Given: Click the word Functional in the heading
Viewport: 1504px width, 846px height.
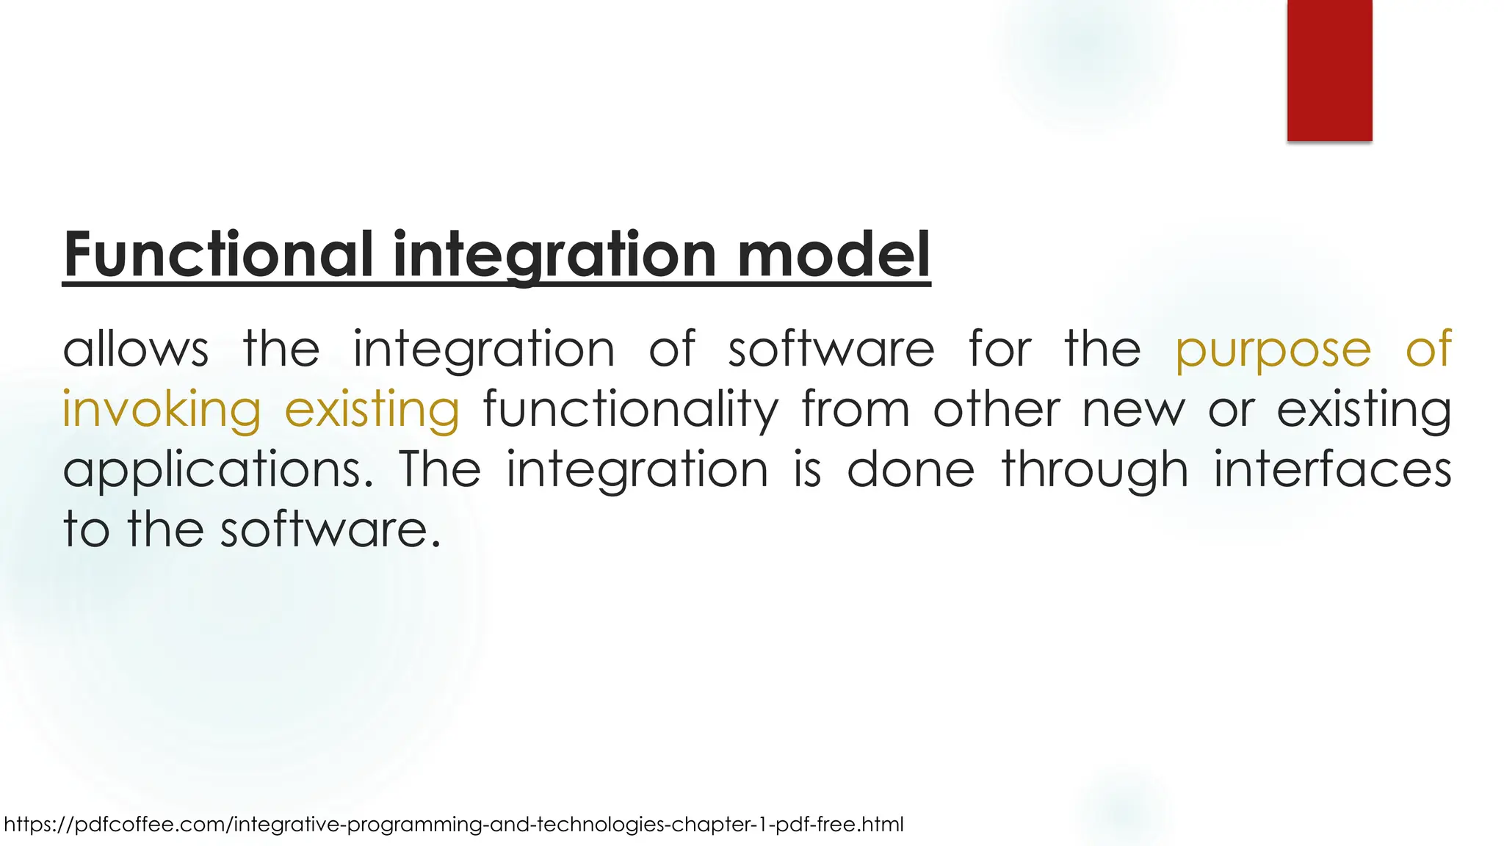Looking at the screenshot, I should [217, 254].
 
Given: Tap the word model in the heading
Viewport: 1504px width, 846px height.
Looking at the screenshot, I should [833, 254].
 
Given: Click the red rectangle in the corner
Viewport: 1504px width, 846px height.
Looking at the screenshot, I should [1329, 70].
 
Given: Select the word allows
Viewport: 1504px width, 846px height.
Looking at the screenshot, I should [136, 349].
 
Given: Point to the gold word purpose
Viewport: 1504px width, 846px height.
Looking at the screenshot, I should [1273, 350].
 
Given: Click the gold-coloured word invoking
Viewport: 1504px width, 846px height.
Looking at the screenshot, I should [162, 410].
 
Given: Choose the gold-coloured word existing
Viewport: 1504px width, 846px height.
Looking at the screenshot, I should [372, 410].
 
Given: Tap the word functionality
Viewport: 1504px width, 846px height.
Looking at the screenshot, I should [630, 410].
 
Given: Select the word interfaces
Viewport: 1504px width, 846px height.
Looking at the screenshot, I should [1332, 470].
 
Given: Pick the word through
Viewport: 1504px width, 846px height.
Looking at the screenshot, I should [1094, 470].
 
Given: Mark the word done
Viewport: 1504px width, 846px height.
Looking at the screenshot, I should [911, 470].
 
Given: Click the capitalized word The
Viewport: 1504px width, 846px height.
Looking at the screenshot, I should [440, 470].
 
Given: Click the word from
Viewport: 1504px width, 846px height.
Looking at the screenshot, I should [856, 410].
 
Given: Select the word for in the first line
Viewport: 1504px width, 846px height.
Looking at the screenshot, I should [1000, 349].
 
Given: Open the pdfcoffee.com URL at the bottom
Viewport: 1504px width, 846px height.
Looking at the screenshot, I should [453, 825].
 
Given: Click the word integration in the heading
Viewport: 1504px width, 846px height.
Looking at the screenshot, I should [554, 254].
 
